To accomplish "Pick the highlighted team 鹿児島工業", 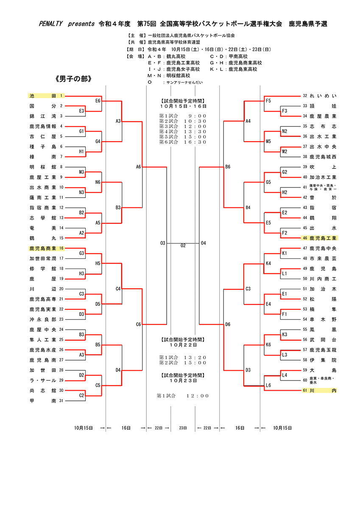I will (x=323, y=238).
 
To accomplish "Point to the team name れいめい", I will (x=323, y=96).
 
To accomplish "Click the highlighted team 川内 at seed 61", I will (x=323, y=390).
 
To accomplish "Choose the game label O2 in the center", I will (x=183, y=246).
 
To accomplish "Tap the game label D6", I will (x=228, y=324).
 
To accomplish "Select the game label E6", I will (x=98, y=101).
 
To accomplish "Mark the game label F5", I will (x=268, y=101).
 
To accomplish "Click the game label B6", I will (x=228, y=167).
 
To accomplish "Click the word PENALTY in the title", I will (x=45, y=24).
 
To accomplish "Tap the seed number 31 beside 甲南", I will (x=61, y=400).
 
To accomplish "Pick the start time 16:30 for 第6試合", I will (x=195, y=142).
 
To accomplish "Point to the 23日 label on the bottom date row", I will (x=183, y=428).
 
